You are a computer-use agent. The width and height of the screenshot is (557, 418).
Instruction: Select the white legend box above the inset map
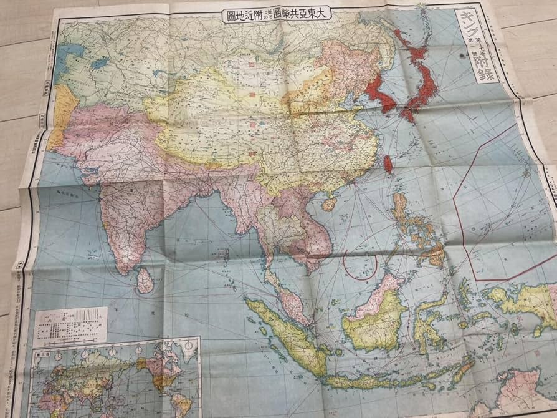pos(70,325)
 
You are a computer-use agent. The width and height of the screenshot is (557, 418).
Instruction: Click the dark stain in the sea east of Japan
pos(462,56)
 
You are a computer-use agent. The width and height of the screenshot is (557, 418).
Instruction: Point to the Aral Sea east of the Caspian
pos(98,63)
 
